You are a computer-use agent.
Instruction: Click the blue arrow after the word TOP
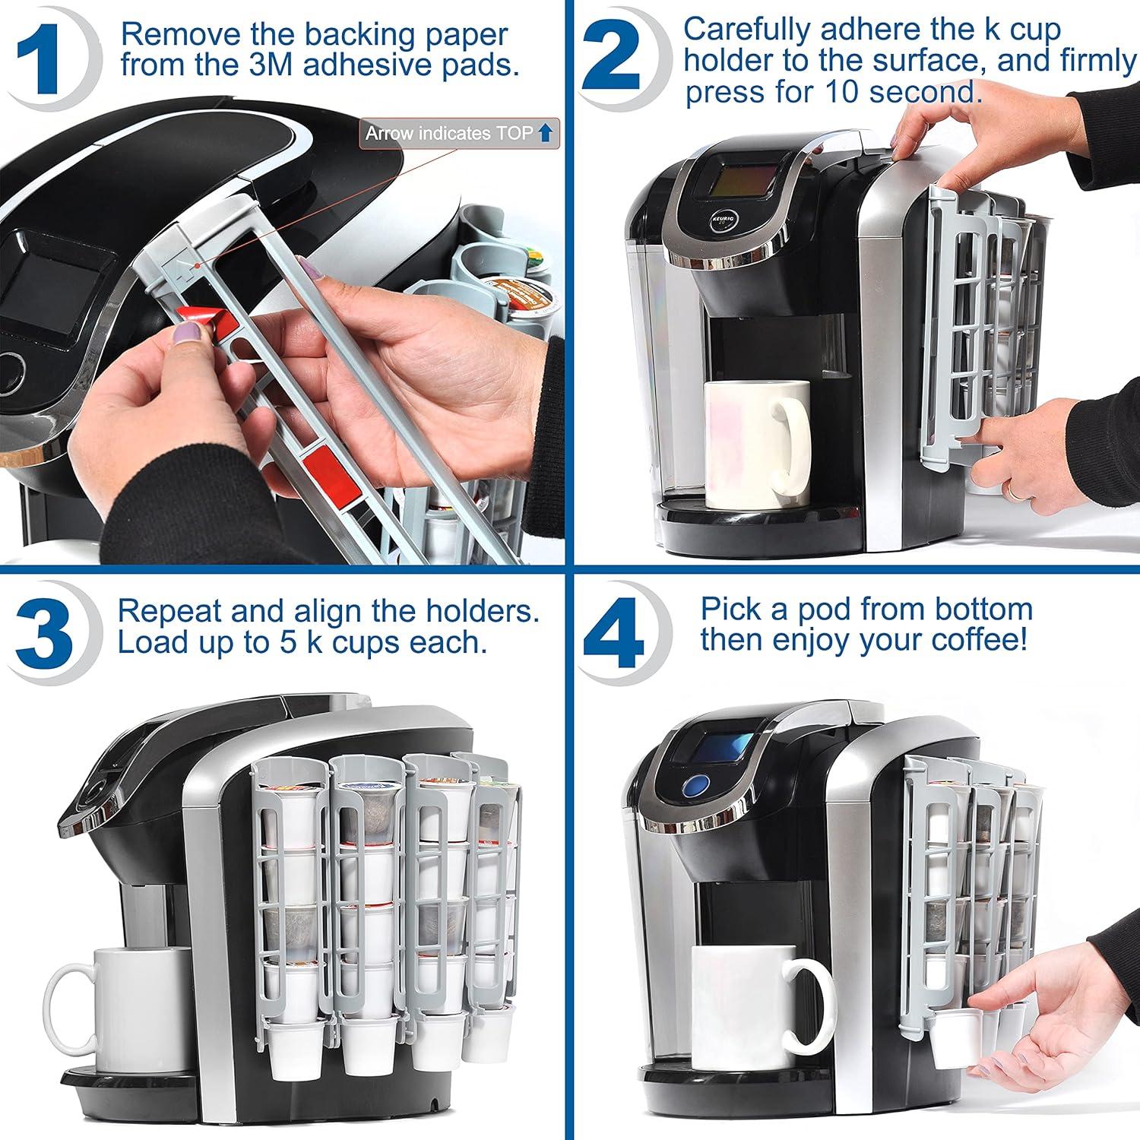pos(544,134)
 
